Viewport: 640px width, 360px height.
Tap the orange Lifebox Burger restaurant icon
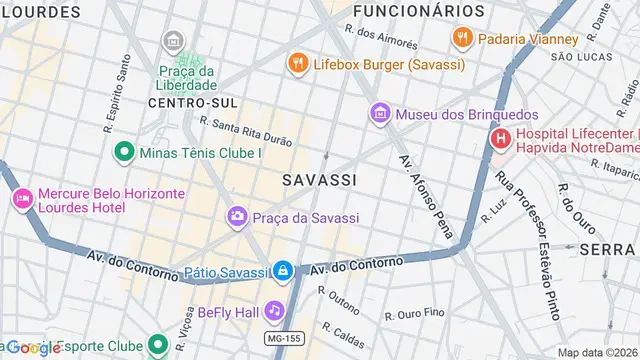(297, 64)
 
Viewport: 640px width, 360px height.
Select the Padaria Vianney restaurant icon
(462, 39)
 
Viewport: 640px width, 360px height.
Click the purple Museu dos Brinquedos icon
(380, 114)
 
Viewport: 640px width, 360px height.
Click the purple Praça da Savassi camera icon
(237, 216)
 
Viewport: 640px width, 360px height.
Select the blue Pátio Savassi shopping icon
(284, 271)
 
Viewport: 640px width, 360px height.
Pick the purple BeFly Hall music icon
(274, 312)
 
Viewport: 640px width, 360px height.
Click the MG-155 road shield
(285, 339)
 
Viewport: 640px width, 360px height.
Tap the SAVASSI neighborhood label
(319, 179)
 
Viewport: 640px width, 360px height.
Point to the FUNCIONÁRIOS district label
(418, 11)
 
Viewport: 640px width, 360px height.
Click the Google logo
(34, 348)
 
